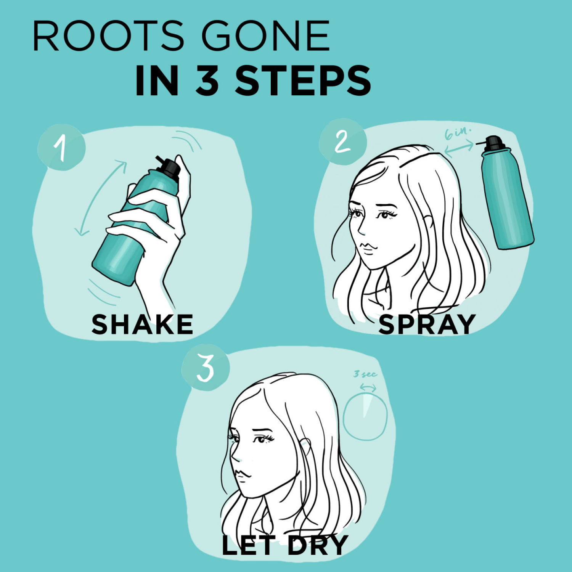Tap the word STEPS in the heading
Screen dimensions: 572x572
coord(303,81)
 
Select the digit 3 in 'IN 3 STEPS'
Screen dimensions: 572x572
coord(208,81)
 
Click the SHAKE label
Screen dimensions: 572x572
coord(142,325)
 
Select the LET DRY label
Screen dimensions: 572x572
coord(284,545)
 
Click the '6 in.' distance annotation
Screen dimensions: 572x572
coord(458,133)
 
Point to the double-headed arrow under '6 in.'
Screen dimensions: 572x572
coord(459,148)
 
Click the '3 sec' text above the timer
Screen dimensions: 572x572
coord(365,374)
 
